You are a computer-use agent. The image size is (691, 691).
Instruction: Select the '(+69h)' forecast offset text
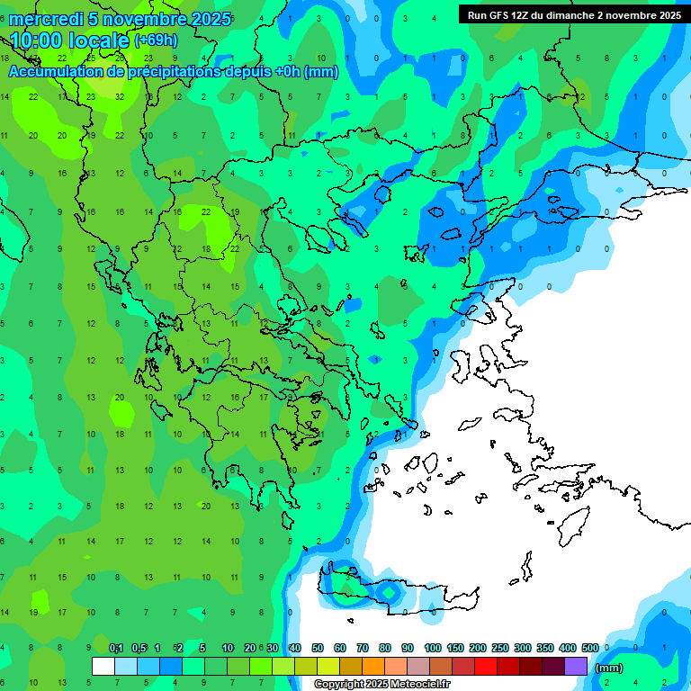156,40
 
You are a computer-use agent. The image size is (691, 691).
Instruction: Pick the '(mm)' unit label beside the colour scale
609,668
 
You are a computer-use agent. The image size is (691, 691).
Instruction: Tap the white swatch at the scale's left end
103,667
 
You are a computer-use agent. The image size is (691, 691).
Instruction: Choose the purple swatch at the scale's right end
576,667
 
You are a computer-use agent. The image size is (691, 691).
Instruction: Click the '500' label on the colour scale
589,649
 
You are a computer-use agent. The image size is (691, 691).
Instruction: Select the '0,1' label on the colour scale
116,649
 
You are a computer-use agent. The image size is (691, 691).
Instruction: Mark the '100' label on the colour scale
432,649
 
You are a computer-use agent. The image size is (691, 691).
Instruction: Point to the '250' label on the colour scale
499,649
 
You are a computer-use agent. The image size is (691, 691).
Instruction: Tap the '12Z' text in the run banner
520,14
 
